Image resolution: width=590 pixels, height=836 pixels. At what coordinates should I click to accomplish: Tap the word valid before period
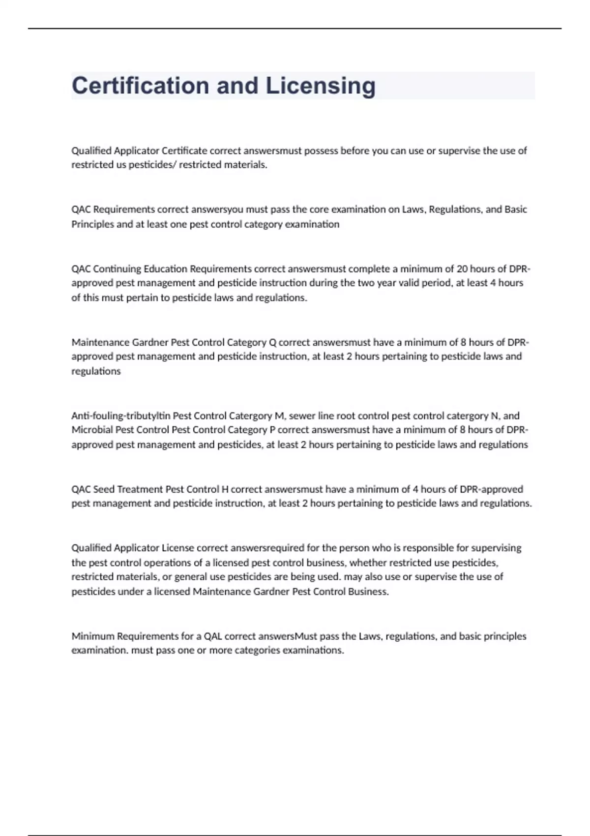pos(416,283)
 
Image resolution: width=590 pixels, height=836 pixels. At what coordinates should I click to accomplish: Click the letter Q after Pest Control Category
pos(272,342)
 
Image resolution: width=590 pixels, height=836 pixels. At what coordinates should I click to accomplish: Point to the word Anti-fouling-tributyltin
pos(120,416)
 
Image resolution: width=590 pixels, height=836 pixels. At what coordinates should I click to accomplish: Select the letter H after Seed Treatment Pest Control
pos(225,489)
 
